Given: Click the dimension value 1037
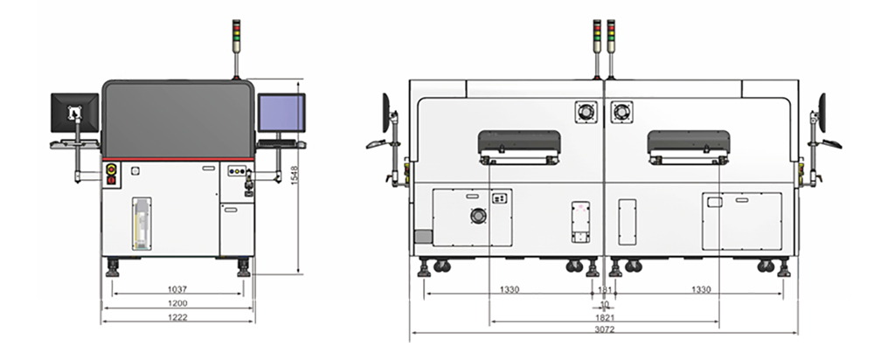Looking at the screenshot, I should coord(177,288).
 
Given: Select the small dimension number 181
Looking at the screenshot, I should coord(604,288).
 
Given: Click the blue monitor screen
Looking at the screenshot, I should coord(281,112).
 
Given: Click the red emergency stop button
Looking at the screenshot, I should coord(112,169).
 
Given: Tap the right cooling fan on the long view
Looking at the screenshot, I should coord(623,112).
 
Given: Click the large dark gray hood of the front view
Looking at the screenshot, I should coord(178,119).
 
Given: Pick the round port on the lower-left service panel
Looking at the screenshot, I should coord(476,216).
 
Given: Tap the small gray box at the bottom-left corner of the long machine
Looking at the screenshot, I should coord(423,236).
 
